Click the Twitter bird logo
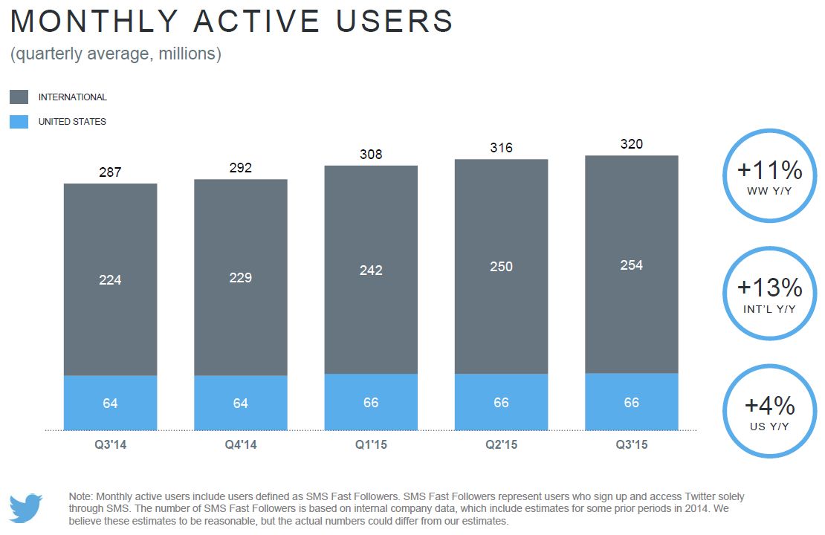click(x=26, y=508)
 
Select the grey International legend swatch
click(x=19, y=97)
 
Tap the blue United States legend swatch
click(x=19, y=122)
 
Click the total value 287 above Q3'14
click(x=110, y=172)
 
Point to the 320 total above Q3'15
click(x=631, y=144)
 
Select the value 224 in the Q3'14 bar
click(x=110, y=280)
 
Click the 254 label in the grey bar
click(x=631, y=265)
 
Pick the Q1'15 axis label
click(x=371, y=445)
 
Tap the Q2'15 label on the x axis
click(x=501, y=445)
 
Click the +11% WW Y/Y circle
click(x=769, y=176)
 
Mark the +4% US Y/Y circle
click(x=769, y=411)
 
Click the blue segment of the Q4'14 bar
click(x=241, y=403)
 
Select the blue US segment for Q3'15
click(x=631, y=401)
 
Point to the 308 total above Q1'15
click(x=371, y=155)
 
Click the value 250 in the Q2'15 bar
click(x=501, y=267)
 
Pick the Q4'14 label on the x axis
click(x=241, y=445)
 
